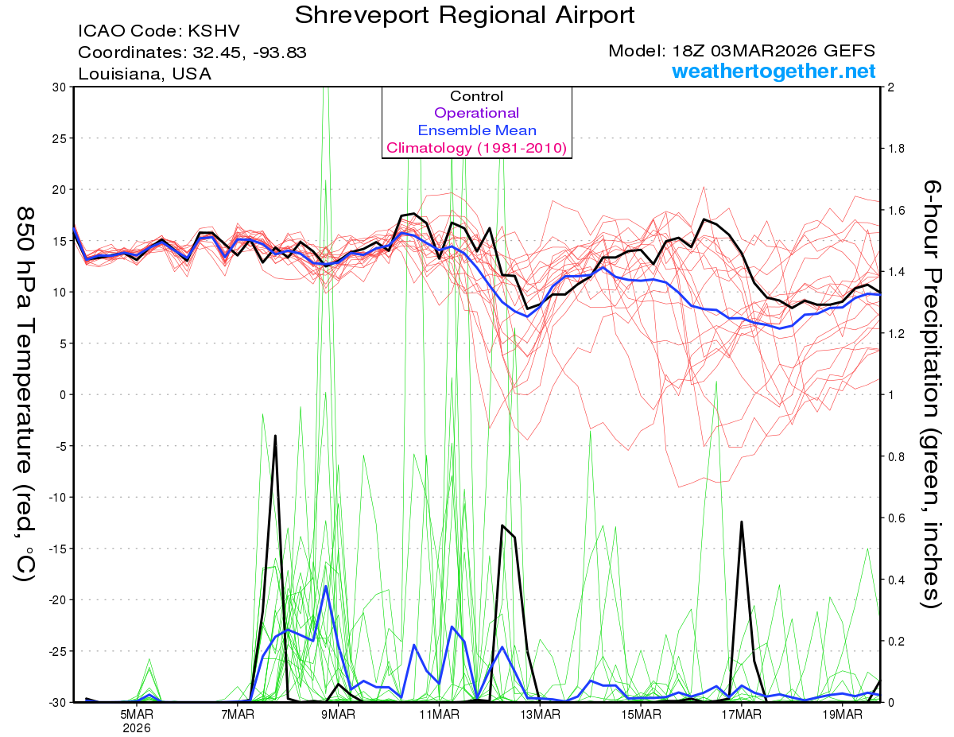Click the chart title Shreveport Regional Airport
(465, 15)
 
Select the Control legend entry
(476, 96)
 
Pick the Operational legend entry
(476, 113)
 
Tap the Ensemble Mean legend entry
(476, 130)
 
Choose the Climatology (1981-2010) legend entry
(476, 148)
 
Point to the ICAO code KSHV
(213, 32)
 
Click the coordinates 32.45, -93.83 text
(248, 52)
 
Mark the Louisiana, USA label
(145, 74)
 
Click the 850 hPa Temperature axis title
(25, 394)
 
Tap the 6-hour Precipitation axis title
(931, 394)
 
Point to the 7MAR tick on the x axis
(238, 714)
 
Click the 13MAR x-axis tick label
(540, 714)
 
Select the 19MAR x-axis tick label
(842, 714)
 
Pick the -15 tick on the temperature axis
(59, 548)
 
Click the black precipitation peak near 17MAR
(742, 522)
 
